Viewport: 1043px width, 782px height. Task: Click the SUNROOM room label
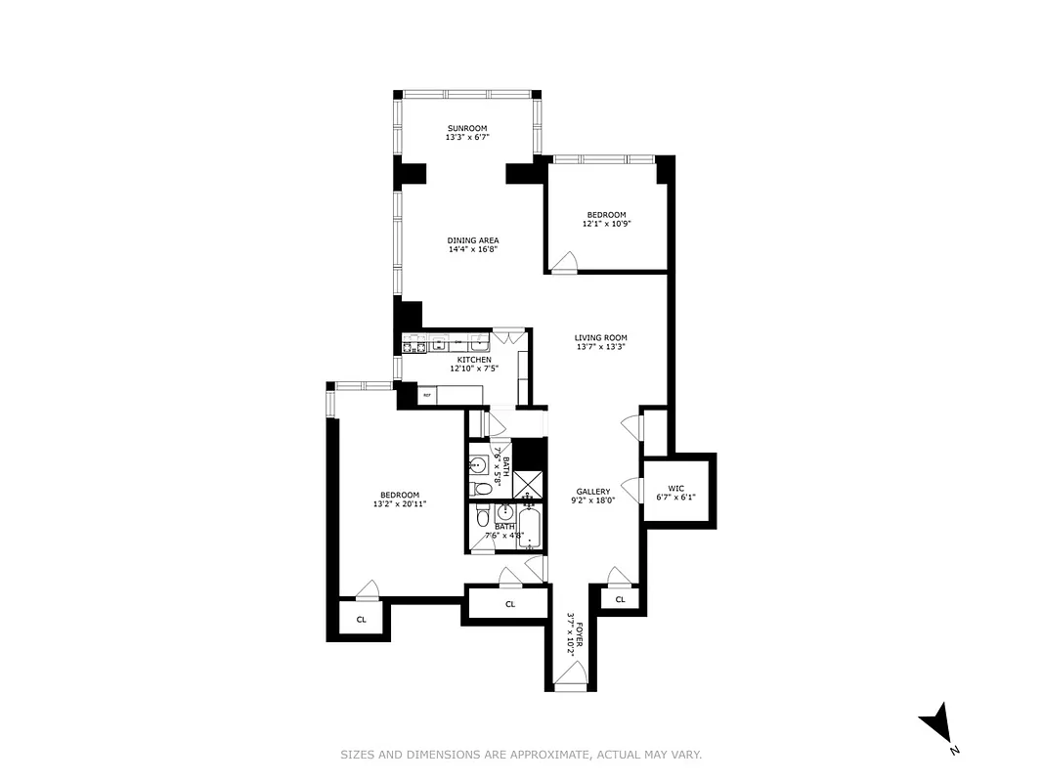(x=466, y=129)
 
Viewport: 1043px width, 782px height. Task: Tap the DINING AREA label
(x=473, y=240)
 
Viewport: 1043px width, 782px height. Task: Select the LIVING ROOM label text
(x=600, y=338)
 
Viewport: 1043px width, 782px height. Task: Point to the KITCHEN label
(x=473, y=360)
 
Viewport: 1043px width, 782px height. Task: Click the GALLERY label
(x=592, y=492)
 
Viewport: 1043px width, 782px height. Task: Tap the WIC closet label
(x=675, y=488)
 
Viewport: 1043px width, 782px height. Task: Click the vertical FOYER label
(x=578, y=632)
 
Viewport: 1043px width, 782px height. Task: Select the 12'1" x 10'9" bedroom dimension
(x=606, y=224)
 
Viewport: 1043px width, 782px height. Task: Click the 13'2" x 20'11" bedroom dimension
(x=399, y=504)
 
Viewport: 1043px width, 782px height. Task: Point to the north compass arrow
(x=937, y=724)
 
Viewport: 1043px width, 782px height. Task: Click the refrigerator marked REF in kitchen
(x=427, y=395)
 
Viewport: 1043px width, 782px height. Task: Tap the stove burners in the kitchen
(x=413, y=343)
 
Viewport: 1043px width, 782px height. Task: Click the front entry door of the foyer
(x=571, y=675)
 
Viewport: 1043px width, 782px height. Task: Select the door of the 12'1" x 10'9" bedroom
(x=564, y=262)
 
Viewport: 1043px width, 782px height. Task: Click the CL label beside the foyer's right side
(x=619, y=598)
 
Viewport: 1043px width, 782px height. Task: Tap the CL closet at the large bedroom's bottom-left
(x=361, y=619)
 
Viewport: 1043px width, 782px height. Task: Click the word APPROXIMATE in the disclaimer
(x=553, y=755)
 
